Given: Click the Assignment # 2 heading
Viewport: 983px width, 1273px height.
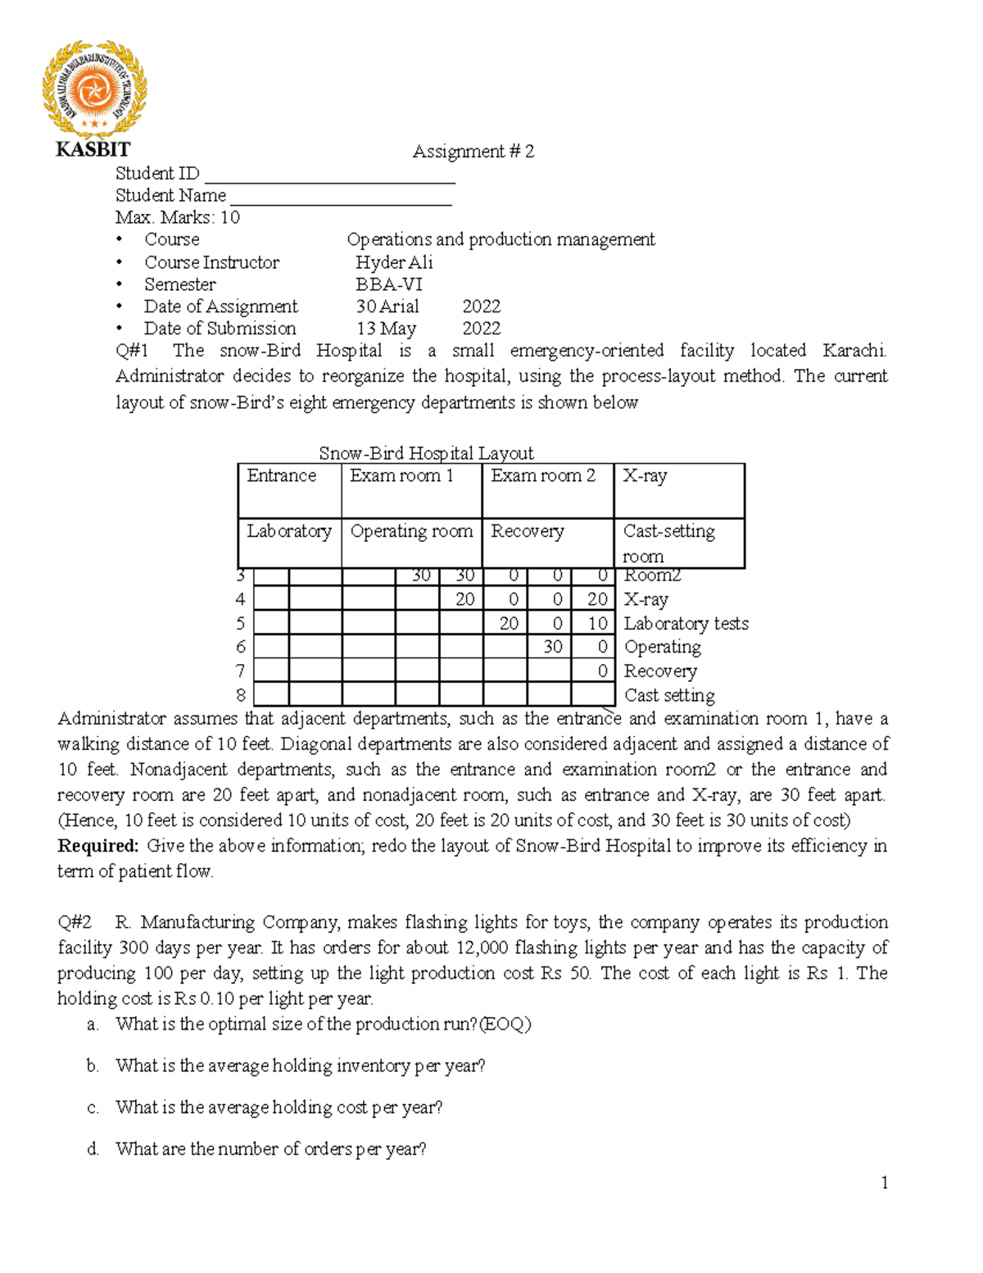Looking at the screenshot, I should pos(473,151).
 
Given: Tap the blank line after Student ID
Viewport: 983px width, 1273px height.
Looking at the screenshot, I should pos(329,175).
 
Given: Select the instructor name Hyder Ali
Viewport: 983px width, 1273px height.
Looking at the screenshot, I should pos(393,262).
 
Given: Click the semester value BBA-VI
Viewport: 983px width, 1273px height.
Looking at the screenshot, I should pos(388,284).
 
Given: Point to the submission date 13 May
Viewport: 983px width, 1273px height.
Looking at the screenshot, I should pos(386,329).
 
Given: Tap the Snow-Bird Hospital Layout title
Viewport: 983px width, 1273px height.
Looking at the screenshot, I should pos(426,453).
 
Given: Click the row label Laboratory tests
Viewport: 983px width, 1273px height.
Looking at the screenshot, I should pos(686,624).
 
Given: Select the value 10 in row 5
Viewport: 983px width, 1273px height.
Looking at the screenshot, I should pos(597,624).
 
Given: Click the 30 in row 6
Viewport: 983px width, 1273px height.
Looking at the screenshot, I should pos(553,647).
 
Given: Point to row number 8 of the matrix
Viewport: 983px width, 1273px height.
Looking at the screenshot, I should pos(241,695).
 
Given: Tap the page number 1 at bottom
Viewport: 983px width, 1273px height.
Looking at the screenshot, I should pos(884,1182).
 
